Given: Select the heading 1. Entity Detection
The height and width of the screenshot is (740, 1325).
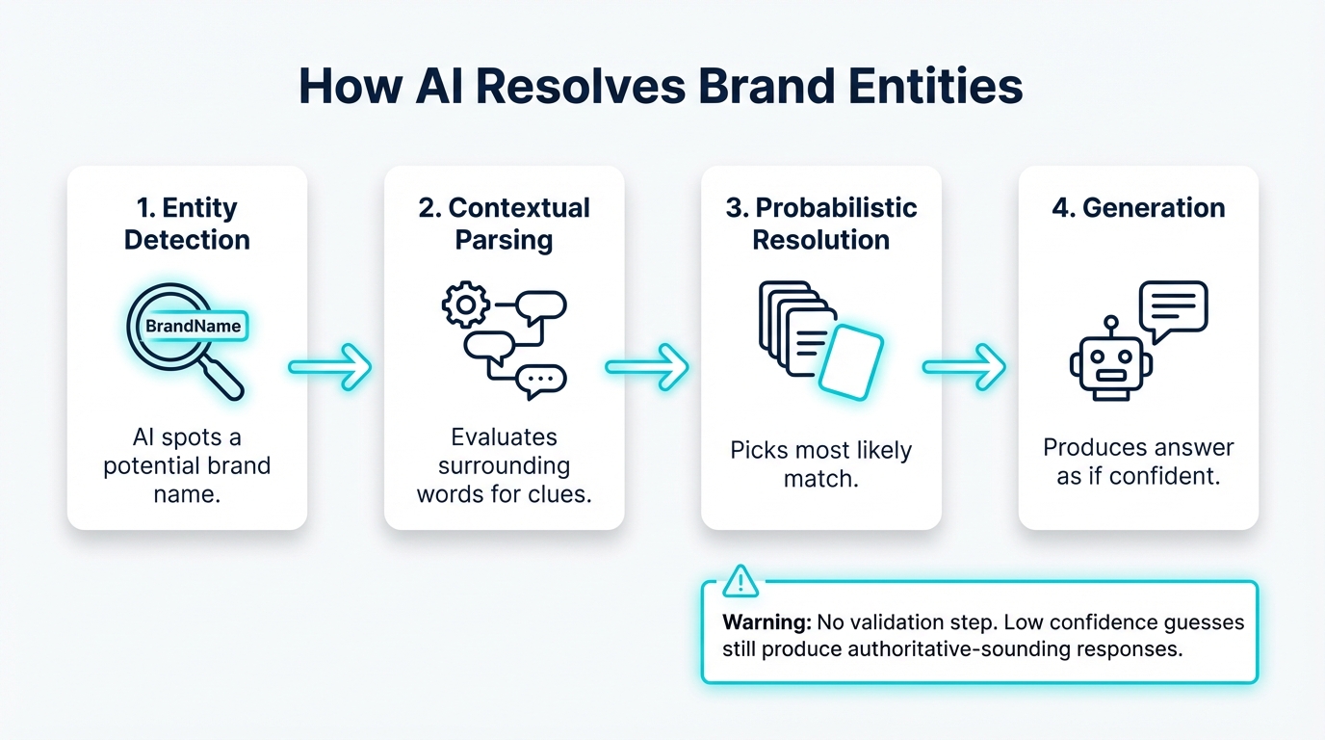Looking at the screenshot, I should coord(187,224).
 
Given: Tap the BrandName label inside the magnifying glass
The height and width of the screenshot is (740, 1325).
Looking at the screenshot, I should coord(193,327).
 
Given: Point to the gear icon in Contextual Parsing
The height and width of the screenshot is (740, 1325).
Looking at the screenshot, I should coord(464,305).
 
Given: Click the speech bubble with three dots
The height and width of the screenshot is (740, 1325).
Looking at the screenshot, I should coord(540,381).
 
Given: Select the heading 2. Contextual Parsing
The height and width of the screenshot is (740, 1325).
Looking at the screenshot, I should coord(504,224).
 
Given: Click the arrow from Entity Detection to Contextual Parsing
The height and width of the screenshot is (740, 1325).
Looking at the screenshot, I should coord(330,367).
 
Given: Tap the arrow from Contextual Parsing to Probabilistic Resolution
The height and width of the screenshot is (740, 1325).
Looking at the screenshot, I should coord(647,367).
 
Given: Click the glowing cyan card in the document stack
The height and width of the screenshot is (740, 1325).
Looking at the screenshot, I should coord(850,361).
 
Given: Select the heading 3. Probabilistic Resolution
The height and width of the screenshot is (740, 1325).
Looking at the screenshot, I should coord(820,224).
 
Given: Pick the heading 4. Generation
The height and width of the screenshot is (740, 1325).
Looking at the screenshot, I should coord(1138,208).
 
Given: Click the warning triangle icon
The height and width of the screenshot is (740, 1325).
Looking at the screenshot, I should coord(740,581).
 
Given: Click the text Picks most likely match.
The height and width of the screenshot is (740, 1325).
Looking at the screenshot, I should coord(820,463).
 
